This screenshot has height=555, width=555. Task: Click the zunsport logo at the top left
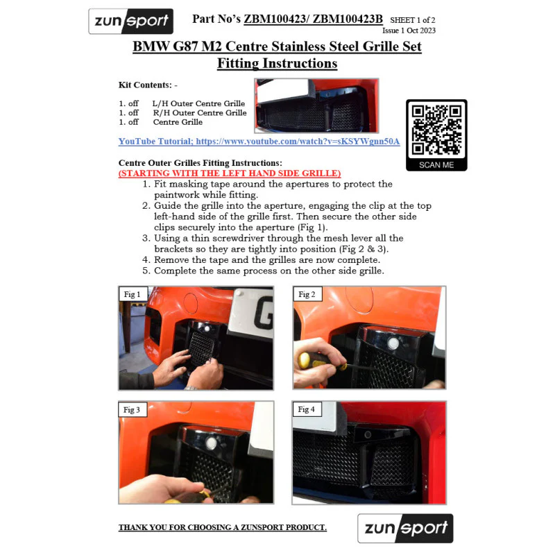(131, 22)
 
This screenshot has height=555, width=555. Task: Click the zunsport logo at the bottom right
(405, 528)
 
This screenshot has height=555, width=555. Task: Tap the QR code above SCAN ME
(436, 130)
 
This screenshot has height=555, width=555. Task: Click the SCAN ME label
(436, 165)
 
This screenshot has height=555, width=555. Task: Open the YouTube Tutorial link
(259, 142)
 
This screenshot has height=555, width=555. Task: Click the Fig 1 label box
(133, 294)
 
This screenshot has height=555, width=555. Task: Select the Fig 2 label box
(307, 294)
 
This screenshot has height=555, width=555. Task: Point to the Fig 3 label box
(132, 409)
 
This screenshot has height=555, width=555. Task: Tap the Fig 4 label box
(307, 409)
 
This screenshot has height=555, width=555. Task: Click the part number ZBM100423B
(348, 19)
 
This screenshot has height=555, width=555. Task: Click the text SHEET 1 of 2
(413, 20)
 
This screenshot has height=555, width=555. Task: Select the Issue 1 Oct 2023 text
(409, 31)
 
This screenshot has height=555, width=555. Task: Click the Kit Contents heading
(148, 85)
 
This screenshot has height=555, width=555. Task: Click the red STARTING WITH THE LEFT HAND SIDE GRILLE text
(230, 173)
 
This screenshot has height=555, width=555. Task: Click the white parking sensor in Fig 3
(212, 443)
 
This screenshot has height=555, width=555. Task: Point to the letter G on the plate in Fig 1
(264, 313)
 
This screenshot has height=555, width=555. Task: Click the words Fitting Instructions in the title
(277, 63)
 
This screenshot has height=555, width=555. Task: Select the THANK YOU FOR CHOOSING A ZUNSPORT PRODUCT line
(223, 527)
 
